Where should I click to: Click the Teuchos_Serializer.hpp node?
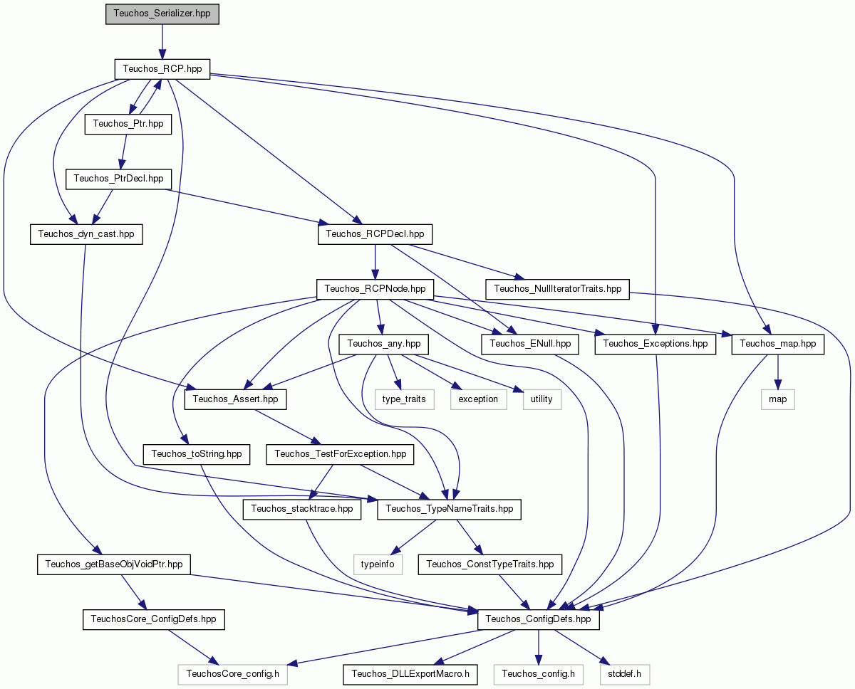point(162,14)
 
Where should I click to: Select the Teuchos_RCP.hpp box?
point(162,69)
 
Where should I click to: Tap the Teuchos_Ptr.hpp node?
point(128,124)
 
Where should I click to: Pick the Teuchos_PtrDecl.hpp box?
point(118,179)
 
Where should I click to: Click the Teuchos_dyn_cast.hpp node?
point(86,234)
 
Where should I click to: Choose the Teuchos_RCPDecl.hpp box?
point(375,234)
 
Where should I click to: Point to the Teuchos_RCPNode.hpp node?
point(375,289)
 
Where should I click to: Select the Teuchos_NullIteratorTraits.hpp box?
point(557,289)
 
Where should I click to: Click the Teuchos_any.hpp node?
point(383,344)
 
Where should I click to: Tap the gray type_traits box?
point(404,399)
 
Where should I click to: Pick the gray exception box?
point(478,399)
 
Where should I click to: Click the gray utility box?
point(542,399)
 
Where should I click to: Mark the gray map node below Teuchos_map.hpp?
point(777,399)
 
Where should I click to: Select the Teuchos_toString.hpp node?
point(196,454)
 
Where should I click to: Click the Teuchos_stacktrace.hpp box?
point(302,509)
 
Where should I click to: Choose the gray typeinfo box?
point(378,564)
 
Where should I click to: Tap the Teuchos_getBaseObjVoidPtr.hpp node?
point(113,564)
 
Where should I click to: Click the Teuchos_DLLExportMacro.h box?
point(410,674)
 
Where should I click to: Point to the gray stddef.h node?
point(625,674)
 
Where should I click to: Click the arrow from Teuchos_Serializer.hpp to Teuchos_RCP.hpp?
point(162,42)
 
